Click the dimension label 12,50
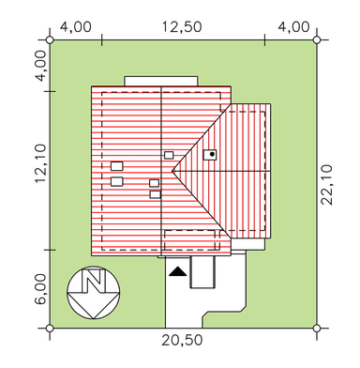[x=182, y=27]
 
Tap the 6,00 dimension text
[x=40, y=289]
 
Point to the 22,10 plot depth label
[x=327, y=185]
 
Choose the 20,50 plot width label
[x=182, y=340]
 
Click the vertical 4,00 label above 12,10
[x=40, y=66]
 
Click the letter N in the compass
[x=93, y=281]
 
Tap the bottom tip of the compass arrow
[x=93, y=318]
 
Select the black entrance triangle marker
[x=177, y=271]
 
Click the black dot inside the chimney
[x=212, y=154]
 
